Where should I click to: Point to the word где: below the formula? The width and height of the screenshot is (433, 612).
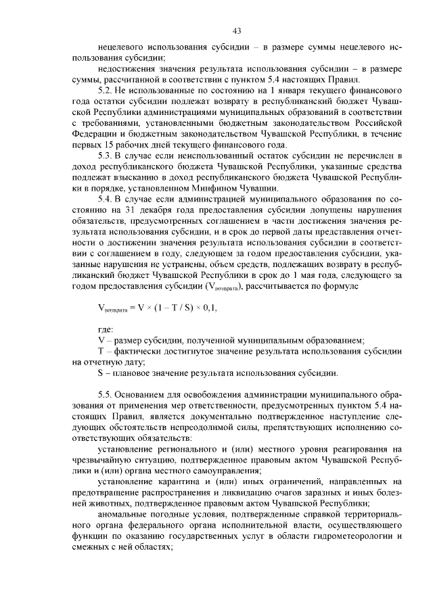[x=106, y=328]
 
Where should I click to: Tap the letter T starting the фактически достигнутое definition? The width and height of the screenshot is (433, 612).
[x=101, y=351]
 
